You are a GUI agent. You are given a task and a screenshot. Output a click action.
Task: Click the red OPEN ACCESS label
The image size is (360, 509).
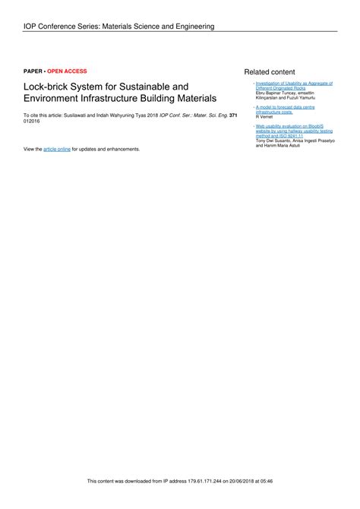point(68,71)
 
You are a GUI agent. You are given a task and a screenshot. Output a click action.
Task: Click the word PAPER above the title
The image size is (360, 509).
point(33,71)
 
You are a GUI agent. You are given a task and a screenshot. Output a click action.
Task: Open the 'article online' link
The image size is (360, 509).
point(57,149)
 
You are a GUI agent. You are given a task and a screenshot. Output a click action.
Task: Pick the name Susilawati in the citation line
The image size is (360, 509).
point(76,115)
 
